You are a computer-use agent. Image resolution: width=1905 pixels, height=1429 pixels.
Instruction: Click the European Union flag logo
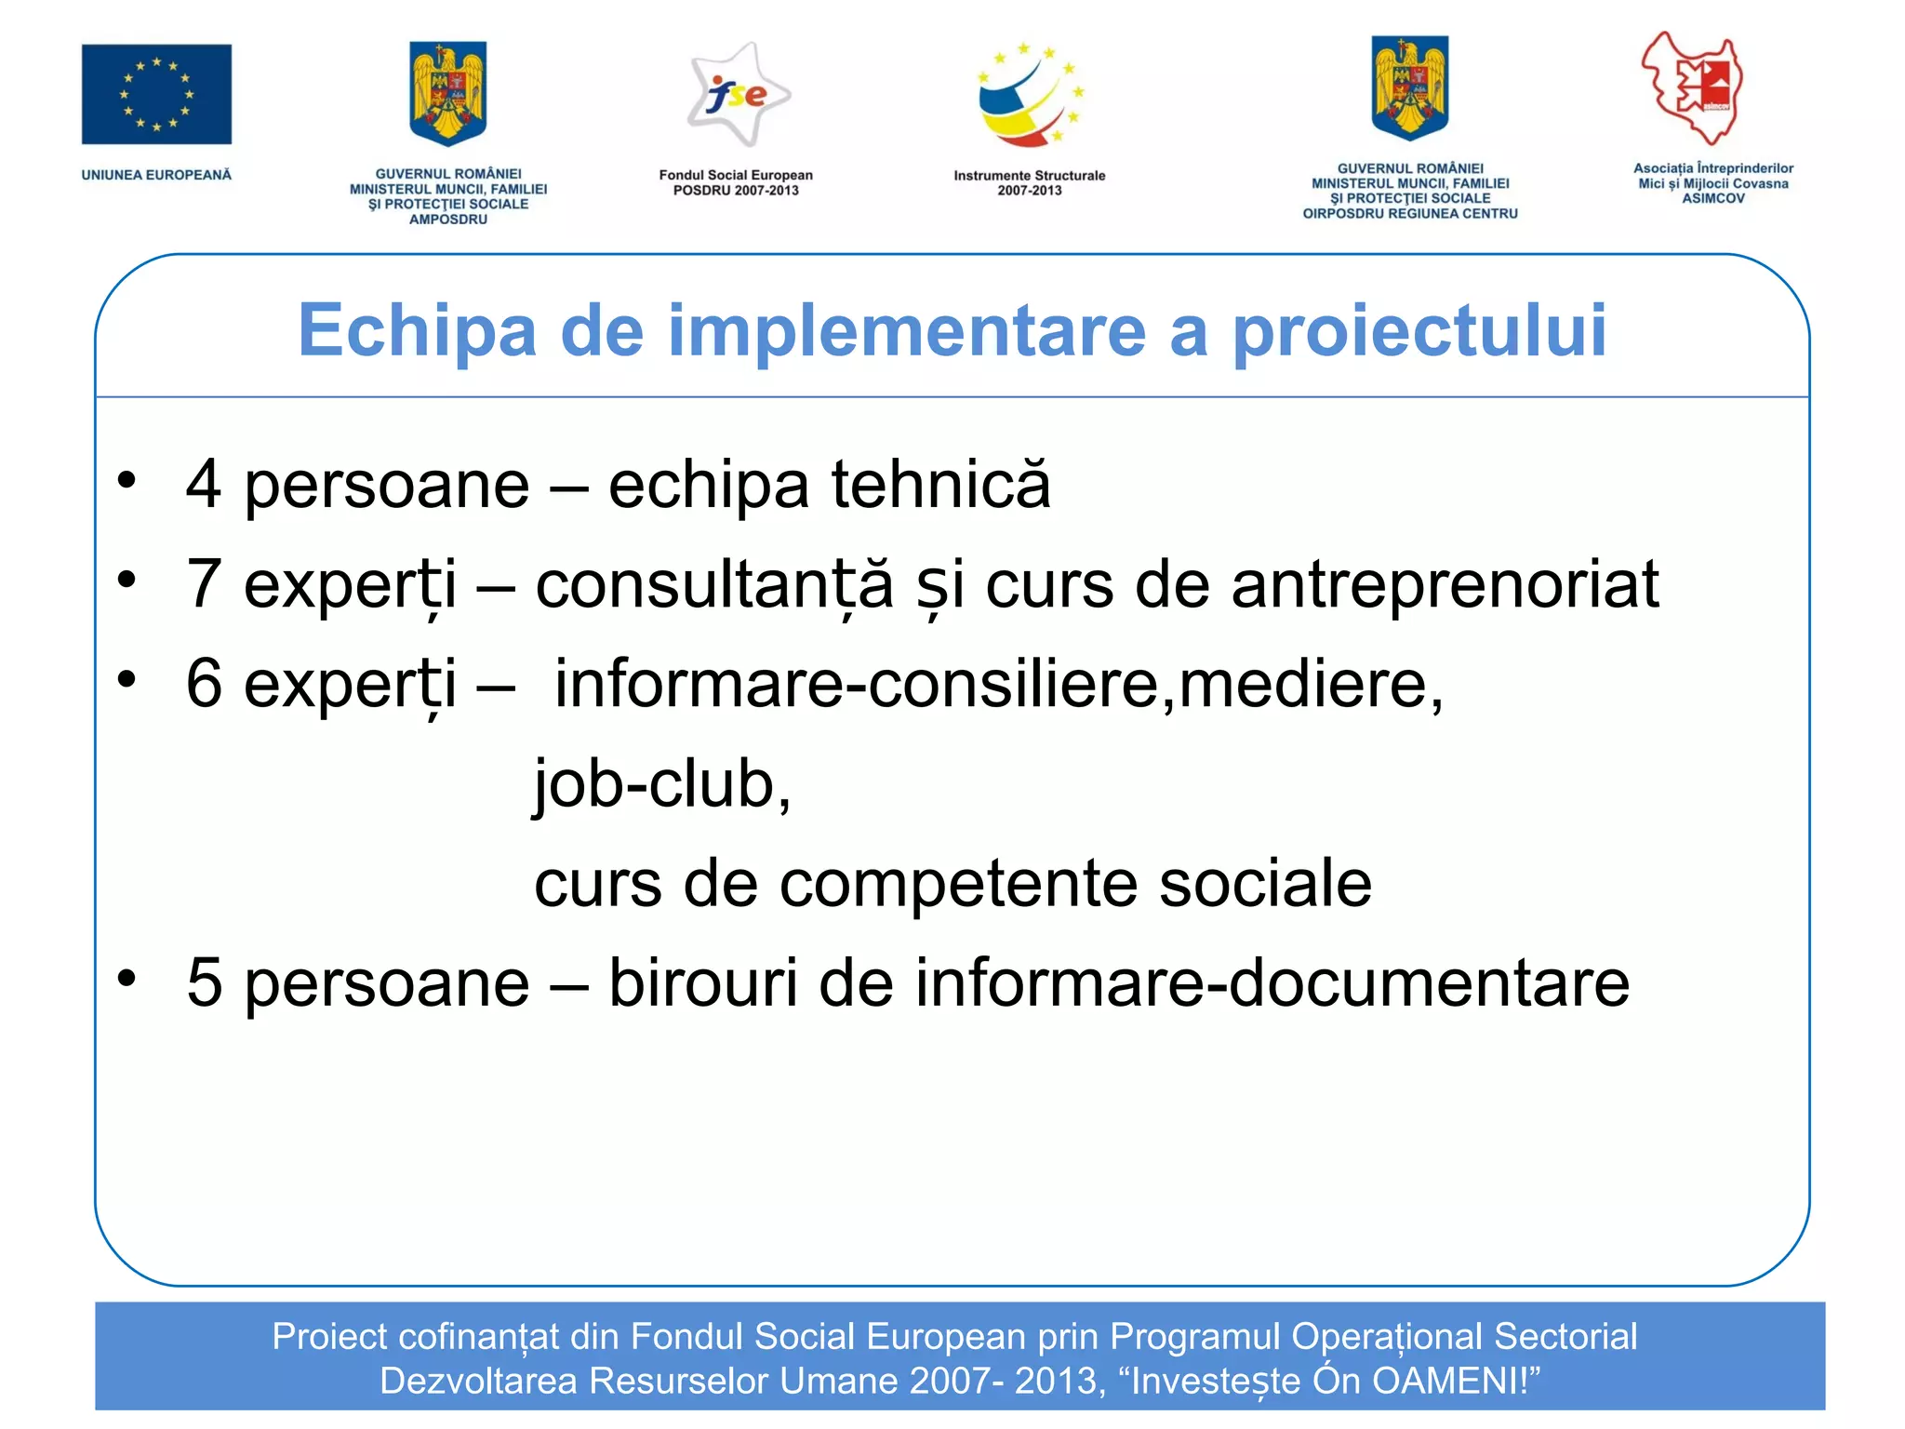(x=156, y=94)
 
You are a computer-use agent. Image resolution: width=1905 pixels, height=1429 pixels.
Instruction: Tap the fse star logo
(x=738, y=95)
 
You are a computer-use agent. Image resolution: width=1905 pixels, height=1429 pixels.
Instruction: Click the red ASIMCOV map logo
(x=1693, y=88)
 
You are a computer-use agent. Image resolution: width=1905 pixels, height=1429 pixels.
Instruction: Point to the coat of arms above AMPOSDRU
(x=448, y=93)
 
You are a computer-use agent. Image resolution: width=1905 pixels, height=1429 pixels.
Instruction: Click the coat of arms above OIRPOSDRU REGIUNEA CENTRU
(x=1409, y=88)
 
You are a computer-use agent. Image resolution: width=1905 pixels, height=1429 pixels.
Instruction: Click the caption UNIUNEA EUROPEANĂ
(x=156, y=175)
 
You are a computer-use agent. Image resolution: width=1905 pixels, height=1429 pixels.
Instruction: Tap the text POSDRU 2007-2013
(x=736, y=191)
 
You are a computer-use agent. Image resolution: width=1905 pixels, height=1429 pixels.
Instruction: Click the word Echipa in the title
(x=418, y=332)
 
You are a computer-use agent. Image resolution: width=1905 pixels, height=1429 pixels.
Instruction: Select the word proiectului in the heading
(x=1419, y=332)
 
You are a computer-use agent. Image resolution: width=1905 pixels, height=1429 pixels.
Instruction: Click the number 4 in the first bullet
(x=204, y=485)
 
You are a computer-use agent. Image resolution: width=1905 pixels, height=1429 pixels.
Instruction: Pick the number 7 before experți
(x=204, y=584)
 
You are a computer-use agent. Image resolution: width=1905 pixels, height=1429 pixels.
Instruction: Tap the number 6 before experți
(x=204, y=684)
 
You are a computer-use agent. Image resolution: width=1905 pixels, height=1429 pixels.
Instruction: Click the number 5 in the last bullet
(x=204, y=983)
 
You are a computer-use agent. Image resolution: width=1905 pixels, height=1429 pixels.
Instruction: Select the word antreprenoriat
(x=1445, y=584)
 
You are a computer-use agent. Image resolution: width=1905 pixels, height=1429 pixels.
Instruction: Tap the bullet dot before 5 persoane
(x=127, y=978)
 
